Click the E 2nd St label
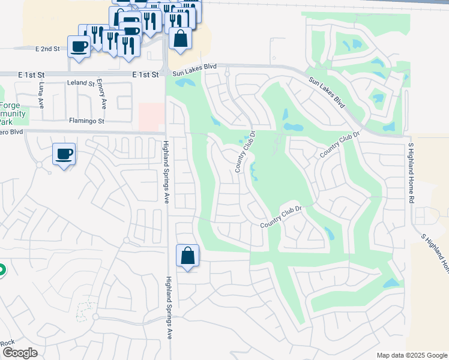click(x=49, y=49)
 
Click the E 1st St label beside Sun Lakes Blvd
click(x=146, y=74)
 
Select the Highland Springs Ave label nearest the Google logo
click(x=170, y=307)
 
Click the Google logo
click(x=20, y=353)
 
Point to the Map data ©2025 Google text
click(x=412, y=355)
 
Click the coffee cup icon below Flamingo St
click(x=64, y=154)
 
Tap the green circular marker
click(x=1, y=271)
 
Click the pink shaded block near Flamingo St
click(x=151, y=116)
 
